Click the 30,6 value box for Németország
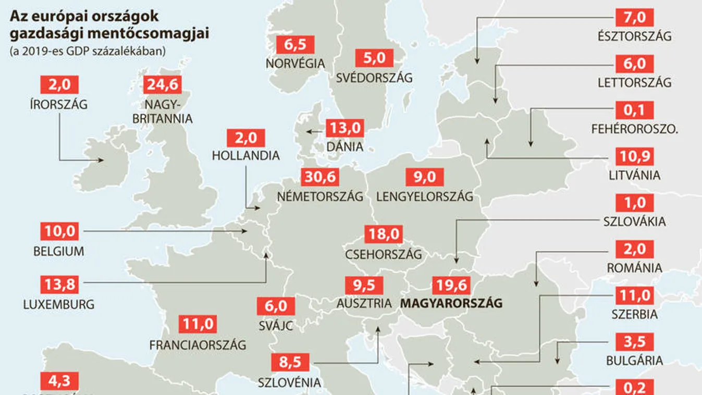[320, 177]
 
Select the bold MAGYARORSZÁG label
[452, 303]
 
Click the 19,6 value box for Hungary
[451, 286]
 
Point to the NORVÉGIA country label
[295, 63]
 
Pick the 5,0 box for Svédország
[374, 58]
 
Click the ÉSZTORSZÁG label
[635, 36]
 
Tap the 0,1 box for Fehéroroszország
[634, 110]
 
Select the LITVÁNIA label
[634, 175]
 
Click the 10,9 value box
[634, 157]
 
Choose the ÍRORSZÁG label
[59, 104]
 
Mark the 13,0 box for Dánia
[344, 128]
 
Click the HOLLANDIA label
[246, 155]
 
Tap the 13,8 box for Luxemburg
[59, 285]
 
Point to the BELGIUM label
[59, 251]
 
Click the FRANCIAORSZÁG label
[198, 344]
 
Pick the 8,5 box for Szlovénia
[290, 362]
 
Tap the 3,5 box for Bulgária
[634, 342]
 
